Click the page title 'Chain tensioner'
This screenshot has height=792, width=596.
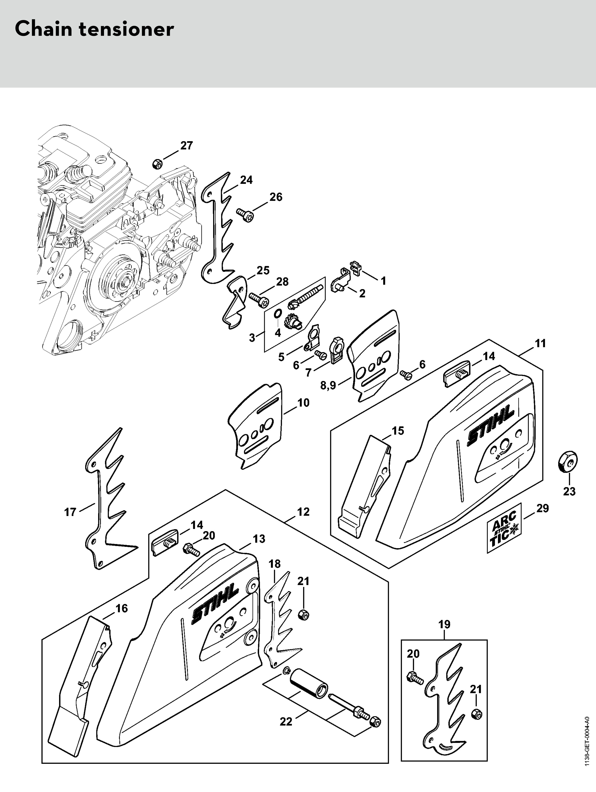[94, 29]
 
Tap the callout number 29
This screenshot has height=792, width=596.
[542, 508]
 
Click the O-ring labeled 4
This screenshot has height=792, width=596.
[277, 314]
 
